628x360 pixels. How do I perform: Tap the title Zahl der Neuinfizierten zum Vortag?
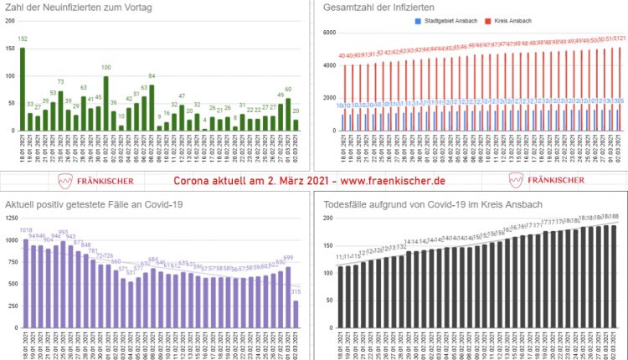click(x=75, y=7)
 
